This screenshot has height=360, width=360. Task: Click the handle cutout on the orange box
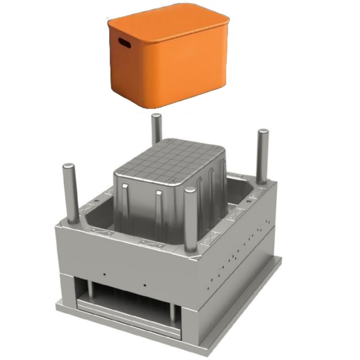pos(124,43)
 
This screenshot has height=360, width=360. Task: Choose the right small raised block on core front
pos(159,194)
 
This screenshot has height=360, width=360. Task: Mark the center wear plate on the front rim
pos(150,243)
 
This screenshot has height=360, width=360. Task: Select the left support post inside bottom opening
pos(89,290)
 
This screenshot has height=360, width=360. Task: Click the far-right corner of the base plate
pos(280,260)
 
